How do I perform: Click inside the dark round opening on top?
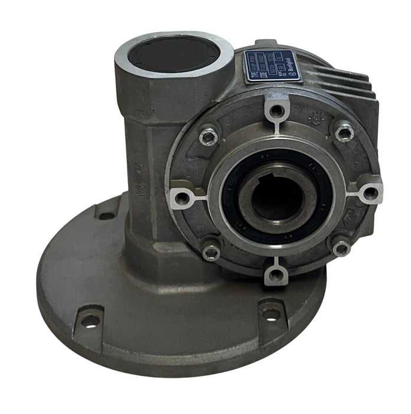(x=174, y=54)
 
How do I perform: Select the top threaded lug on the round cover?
(x=276, y=109)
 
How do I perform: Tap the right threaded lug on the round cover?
(x=369, y=192)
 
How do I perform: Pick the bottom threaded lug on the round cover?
(x=276, y=273)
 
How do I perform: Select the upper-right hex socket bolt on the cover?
(x=344, y=131)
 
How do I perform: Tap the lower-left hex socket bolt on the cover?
(x=210, y=251)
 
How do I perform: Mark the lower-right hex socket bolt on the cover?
(x=341, y=247)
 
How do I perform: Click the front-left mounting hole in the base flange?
(x=90, y=320)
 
